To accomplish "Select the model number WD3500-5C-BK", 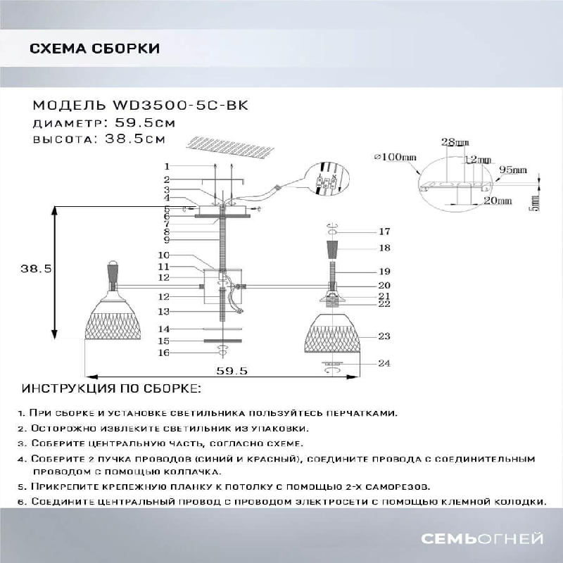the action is [180, 106].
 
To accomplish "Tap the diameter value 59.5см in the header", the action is [145, 122].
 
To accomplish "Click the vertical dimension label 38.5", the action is [34, 269].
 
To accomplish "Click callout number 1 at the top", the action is [167, 167].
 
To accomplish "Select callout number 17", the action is [384, 232].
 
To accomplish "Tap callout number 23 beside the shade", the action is [384, 336].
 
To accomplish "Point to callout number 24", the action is [384, 364].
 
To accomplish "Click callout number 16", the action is [164, 353].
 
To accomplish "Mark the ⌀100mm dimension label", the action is [397, 157].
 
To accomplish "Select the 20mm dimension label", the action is [498, 201].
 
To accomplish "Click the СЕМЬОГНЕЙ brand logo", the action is [481, 539].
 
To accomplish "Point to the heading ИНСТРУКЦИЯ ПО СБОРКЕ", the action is [111, 388].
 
